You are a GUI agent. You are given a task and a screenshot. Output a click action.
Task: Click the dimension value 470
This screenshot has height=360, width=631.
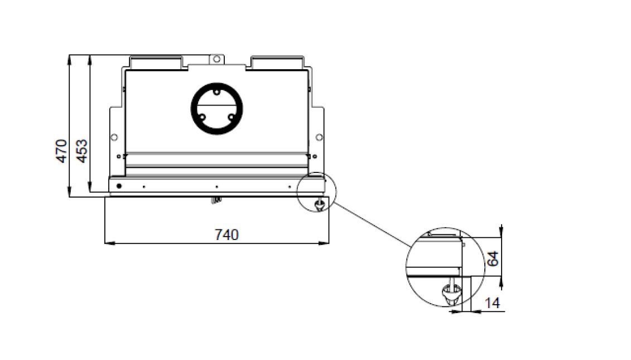coord(61,151)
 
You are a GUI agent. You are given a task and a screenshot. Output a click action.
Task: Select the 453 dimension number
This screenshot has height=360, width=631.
coord(81,151)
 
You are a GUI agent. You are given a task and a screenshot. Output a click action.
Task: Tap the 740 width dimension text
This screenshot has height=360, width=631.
coord(227,235)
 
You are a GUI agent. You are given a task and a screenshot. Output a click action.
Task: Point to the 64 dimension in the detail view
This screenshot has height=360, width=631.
coord(493,258)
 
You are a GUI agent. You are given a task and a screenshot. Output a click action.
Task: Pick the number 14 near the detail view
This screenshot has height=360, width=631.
coord(493,303)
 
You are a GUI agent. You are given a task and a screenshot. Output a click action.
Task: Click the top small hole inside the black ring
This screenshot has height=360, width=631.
coord(216,92)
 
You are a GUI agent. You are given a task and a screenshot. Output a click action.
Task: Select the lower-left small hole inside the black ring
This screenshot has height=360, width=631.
coord(203,117)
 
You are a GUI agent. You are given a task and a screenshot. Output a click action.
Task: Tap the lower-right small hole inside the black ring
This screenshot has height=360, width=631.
coord(232,117)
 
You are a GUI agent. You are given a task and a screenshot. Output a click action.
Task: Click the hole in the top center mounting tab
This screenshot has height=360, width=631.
coord(216,59)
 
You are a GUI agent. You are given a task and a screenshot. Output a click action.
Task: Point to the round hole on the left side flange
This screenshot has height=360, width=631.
coord(114,137)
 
